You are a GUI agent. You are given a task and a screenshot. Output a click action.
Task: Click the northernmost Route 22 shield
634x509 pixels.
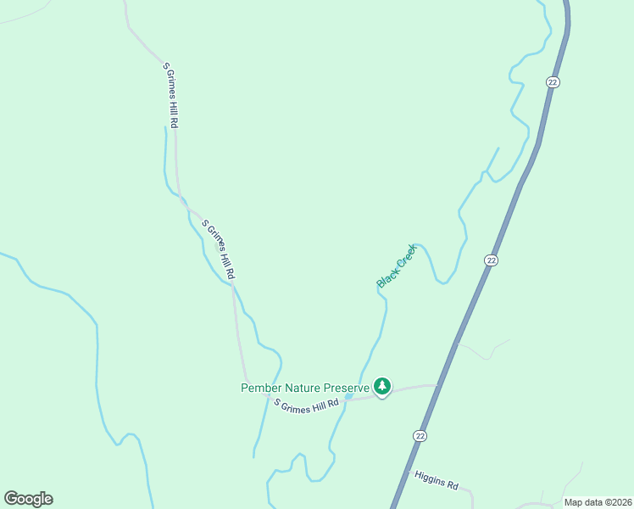point(553,82)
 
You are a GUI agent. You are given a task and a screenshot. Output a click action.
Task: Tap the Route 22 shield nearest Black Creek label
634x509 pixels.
point(491,260)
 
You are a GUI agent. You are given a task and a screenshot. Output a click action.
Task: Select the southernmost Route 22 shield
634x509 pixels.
point(420,435)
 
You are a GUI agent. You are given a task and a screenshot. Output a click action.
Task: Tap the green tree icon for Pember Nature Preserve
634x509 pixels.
point(382,388)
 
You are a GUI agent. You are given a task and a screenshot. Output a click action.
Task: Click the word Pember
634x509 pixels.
point(261,388)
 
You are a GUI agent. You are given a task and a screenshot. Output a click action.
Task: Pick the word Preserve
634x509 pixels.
point(348,388)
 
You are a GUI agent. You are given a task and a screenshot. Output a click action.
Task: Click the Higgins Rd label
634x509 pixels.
point(437,481)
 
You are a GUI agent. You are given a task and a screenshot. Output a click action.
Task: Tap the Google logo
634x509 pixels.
point(28,499)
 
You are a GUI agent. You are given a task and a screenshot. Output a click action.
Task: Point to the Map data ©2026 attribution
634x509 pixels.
point(597,502)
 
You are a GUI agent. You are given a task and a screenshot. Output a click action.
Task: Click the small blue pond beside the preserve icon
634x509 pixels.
point(348,396)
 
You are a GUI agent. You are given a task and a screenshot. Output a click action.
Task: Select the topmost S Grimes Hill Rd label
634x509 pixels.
point(170,95)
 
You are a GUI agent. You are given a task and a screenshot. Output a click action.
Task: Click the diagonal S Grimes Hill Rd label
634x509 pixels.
point(218,250)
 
